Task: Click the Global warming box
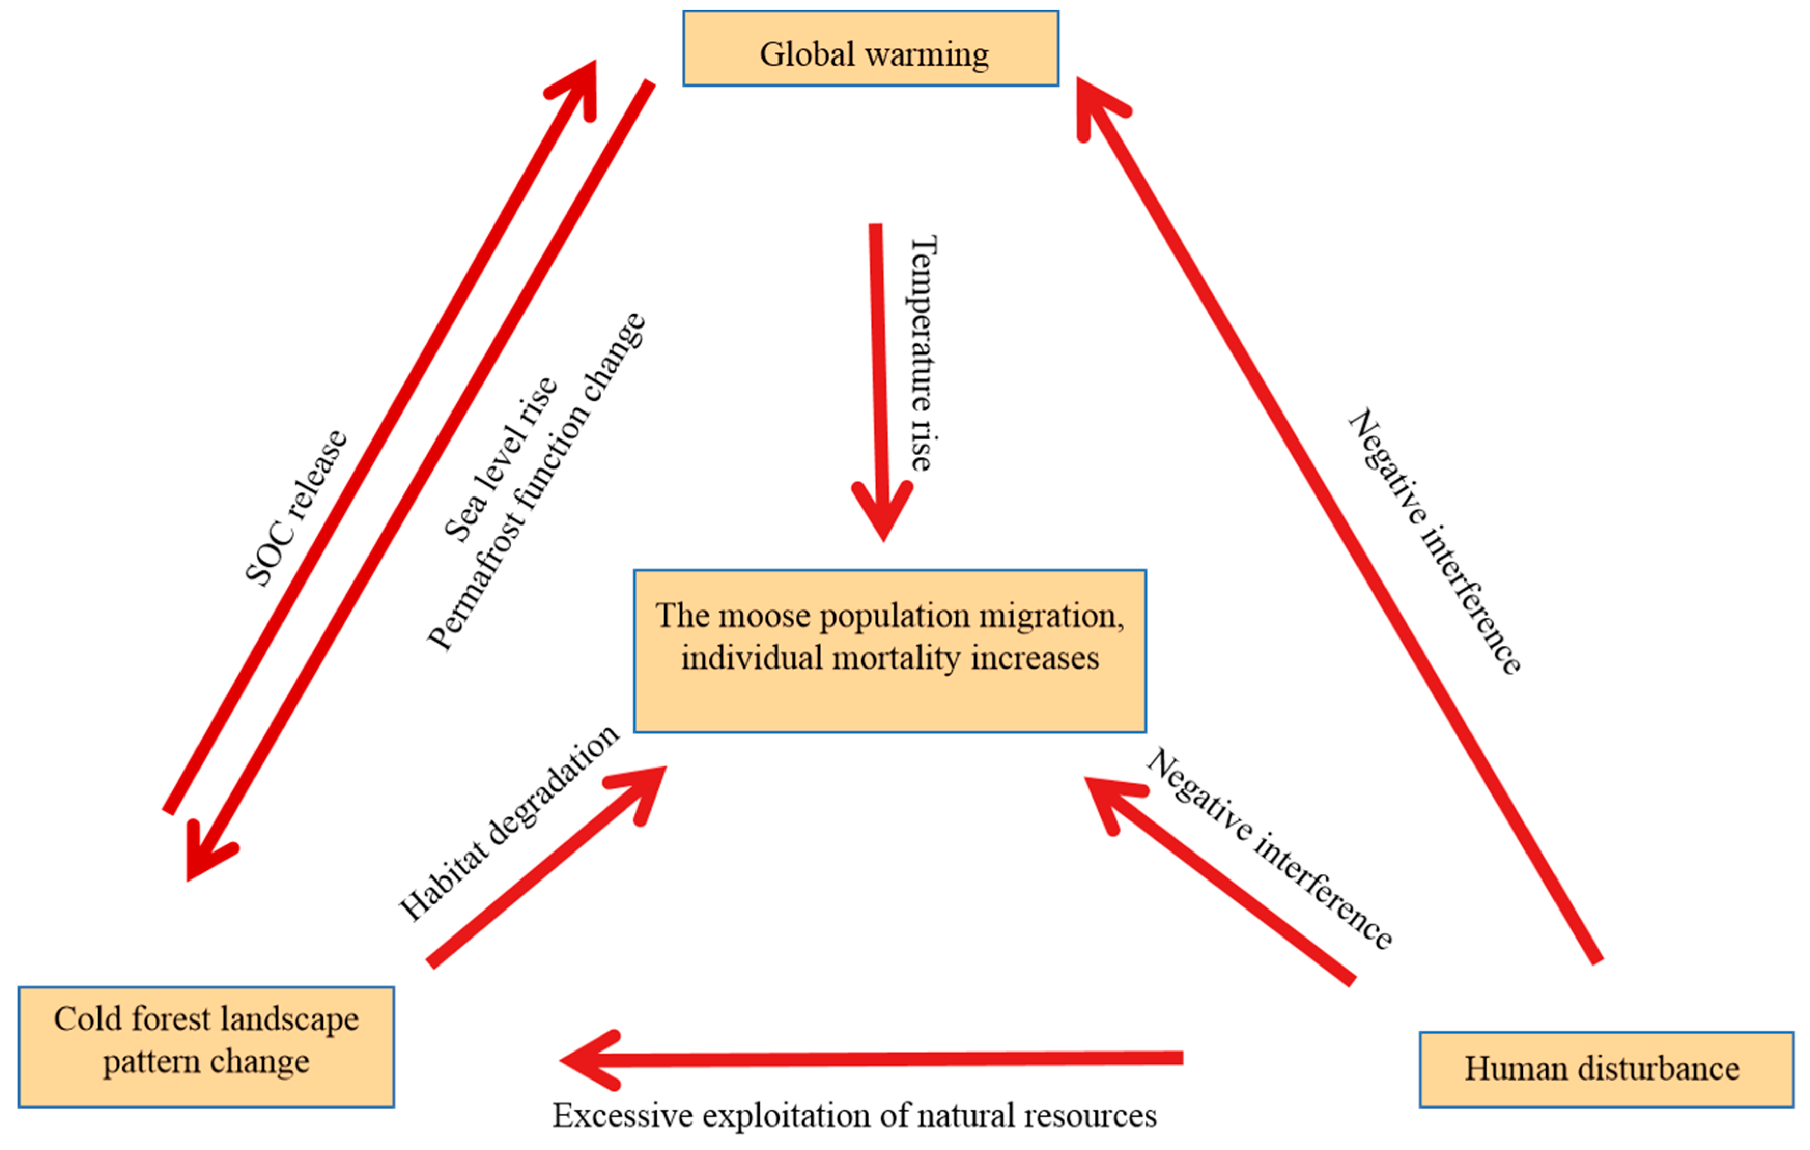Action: click(x=870, y=49)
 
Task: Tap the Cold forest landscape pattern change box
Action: click(x=206, y=1046)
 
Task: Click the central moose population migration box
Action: click(x=890, y=651)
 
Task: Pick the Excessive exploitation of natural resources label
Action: click(x=855, y=1115)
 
